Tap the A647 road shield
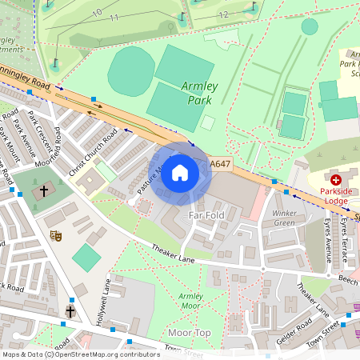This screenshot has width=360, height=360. pyautogui.click(x=221, y=164)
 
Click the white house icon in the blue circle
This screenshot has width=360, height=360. pyautogui.click(x=180, y=173)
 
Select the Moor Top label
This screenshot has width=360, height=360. pyautogui.click(x=190, y=332)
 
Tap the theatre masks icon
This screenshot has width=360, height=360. pyautogui.click(x=56, y=235)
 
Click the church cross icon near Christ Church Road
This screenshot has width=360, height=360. pyautogui.click(x=45, y=191)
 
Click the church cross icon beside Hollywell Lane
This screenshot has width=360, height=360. pyautogui.click(x=70, y=310)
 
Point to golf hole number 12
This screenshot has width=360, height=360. pyautogui.click(x=223, y=14)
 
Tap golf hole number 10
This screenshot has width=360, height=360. pyautogui.click(x=97, y=12)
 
